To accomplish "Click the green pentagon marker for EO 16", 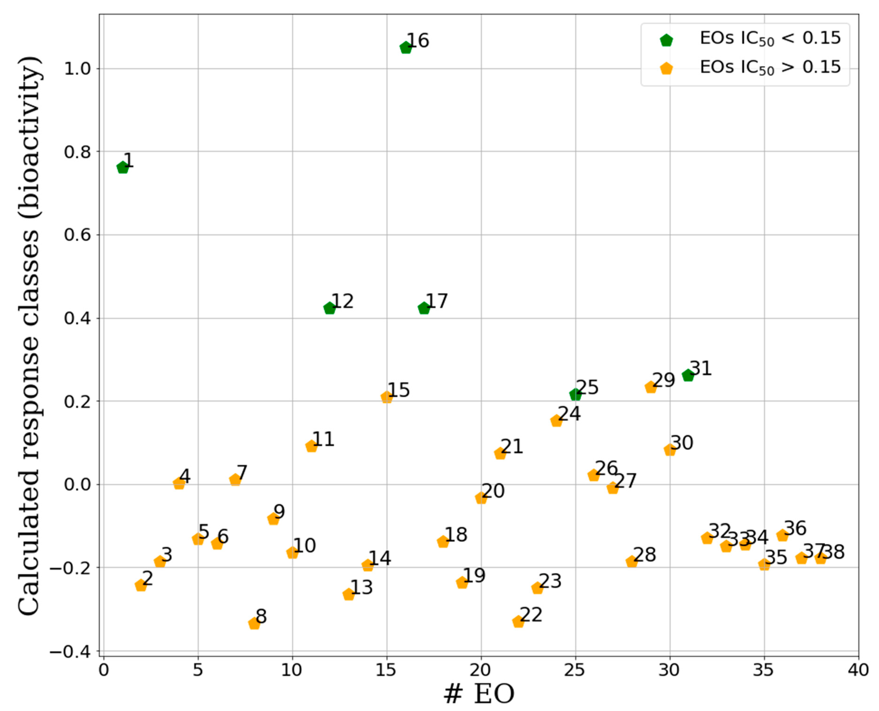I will (x=405, y=48).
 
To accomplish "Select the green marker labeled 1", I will (x=122, y=167).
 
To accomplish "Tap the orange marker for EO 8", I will (x=254, y=623).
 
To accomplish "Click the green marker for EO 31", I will (x=688, y=375).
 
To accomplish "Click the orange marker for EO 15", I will (x=386, y=397).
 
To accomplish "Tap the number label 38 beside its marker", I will (x=834, y=552).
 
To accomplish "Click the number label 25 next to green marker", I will (x=588, y=387).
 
